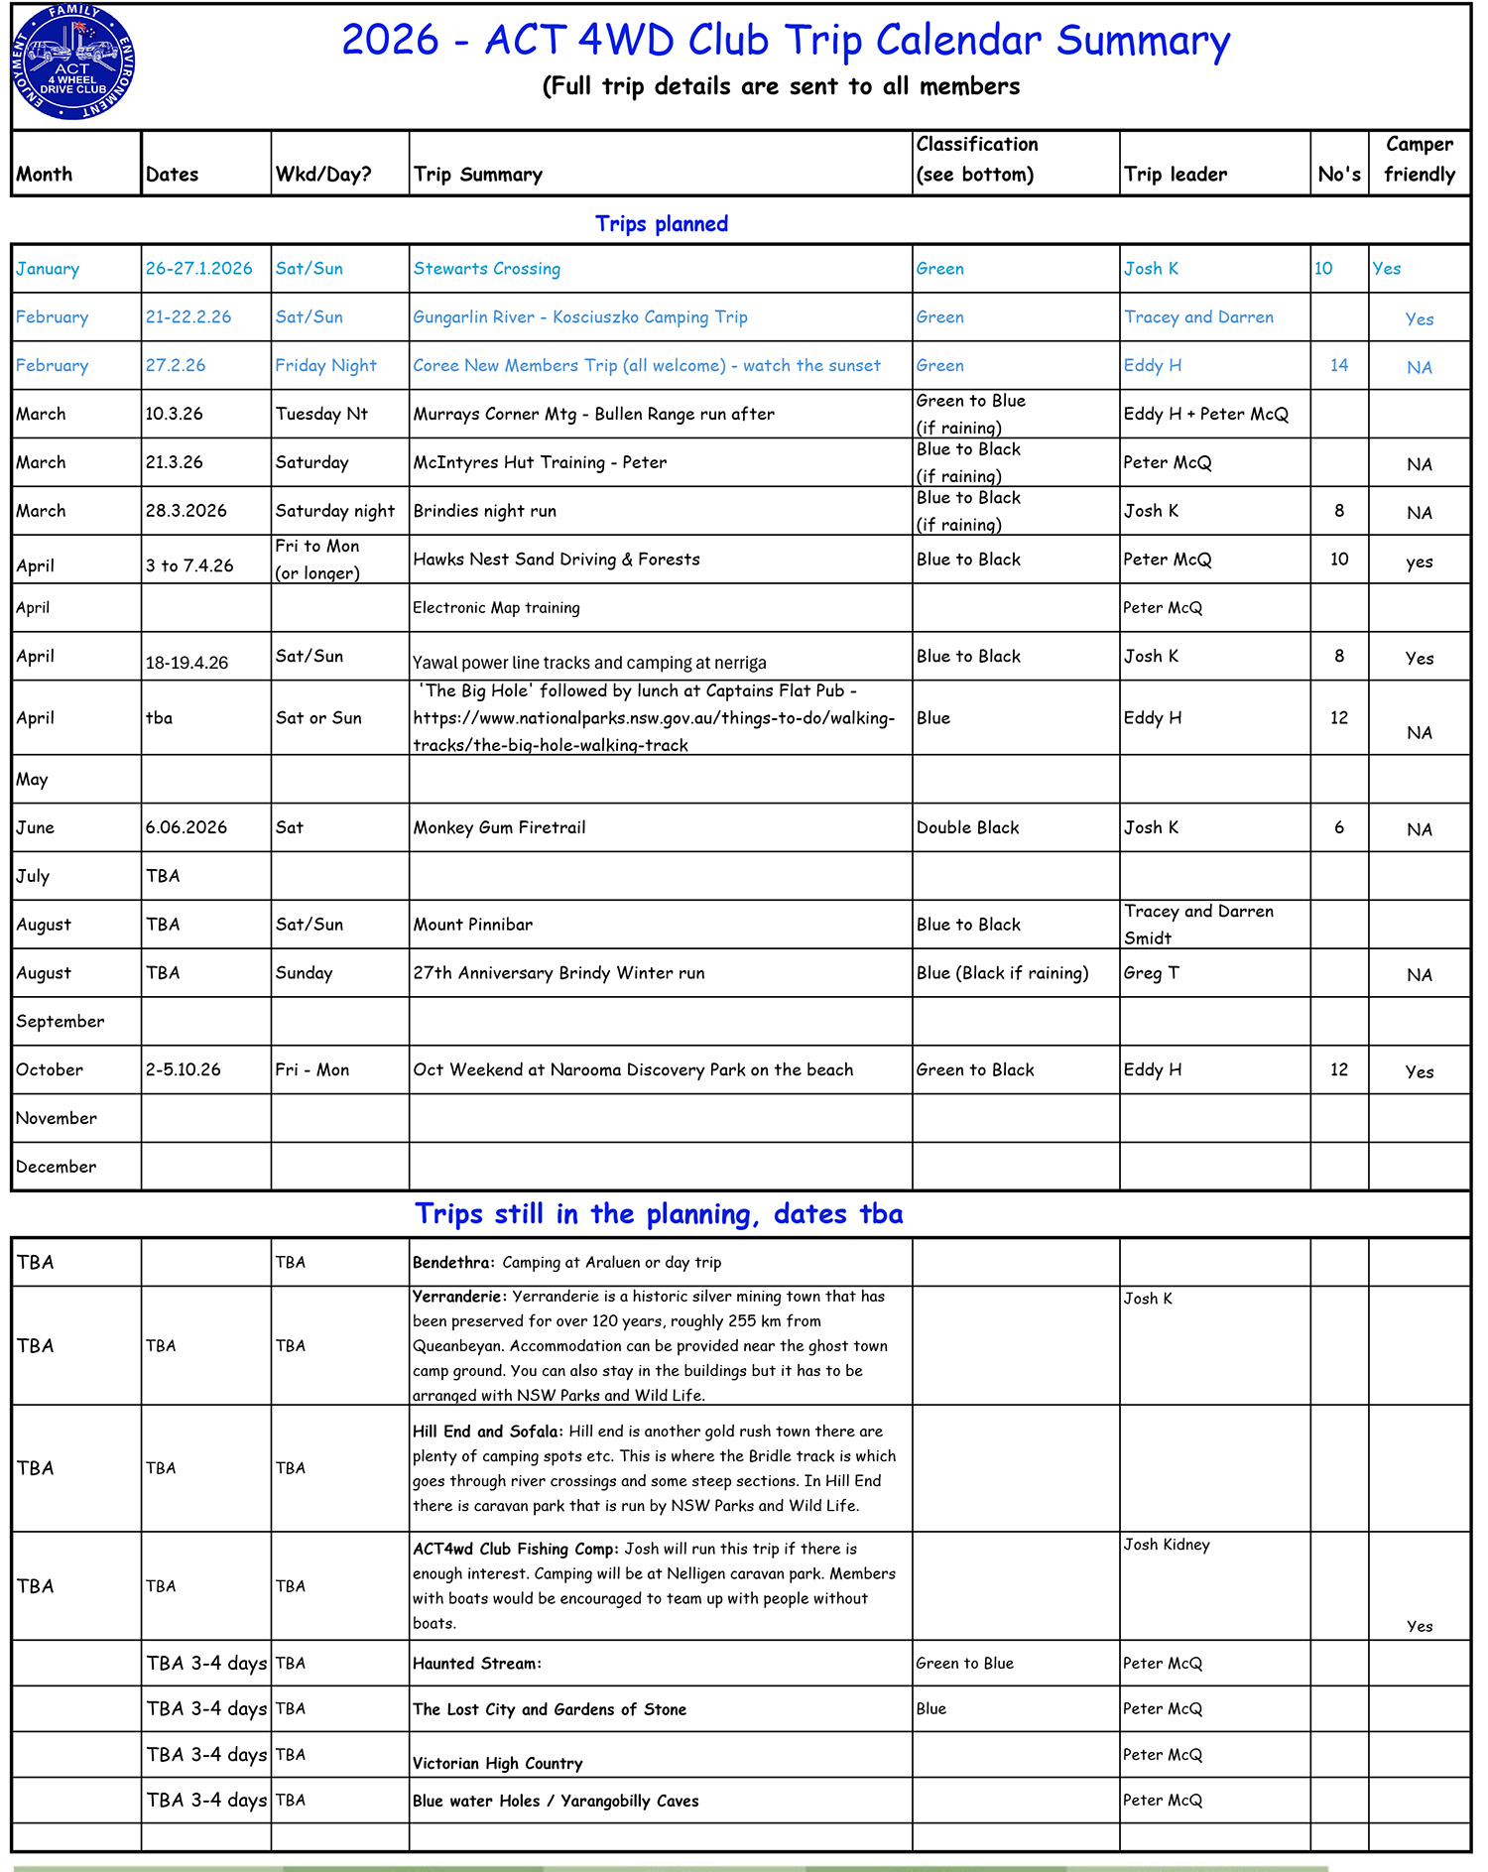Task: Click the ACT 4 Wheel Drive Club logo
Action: (73, 62)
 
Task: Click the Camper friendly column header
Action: (1419, 160)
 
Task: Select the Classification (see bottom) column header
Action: (976, 160)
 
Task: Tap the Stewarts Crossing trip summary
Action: (486, 269)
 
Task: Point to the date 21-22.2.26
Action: (188, 317)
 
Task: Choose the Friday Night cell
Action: (325, 366)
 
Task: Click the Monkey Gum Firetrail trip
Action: (499, 827)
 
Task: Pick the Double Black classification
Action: (967, 827)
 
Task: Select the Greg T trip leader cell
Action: (1151, 973)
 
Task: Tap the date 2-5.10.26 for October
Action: (183, 1069)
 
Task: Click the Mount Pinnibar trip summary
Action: (472, 925)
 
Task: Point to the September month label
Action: (60, 1022)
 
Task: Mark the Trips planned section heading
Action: (661, 224)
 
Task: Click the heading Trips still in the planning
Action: (659, 1214)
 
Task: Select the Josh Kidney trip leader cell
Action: (1166, 1545)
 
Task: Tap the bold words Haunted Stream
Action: (476, 1664)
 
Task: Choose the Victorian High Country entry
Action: (497, 1763)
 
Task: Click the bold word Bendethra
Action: (452, 1263)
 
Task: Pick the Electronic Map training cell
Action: (496, 608)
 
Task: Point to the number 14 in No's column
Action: (1338, 366)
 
